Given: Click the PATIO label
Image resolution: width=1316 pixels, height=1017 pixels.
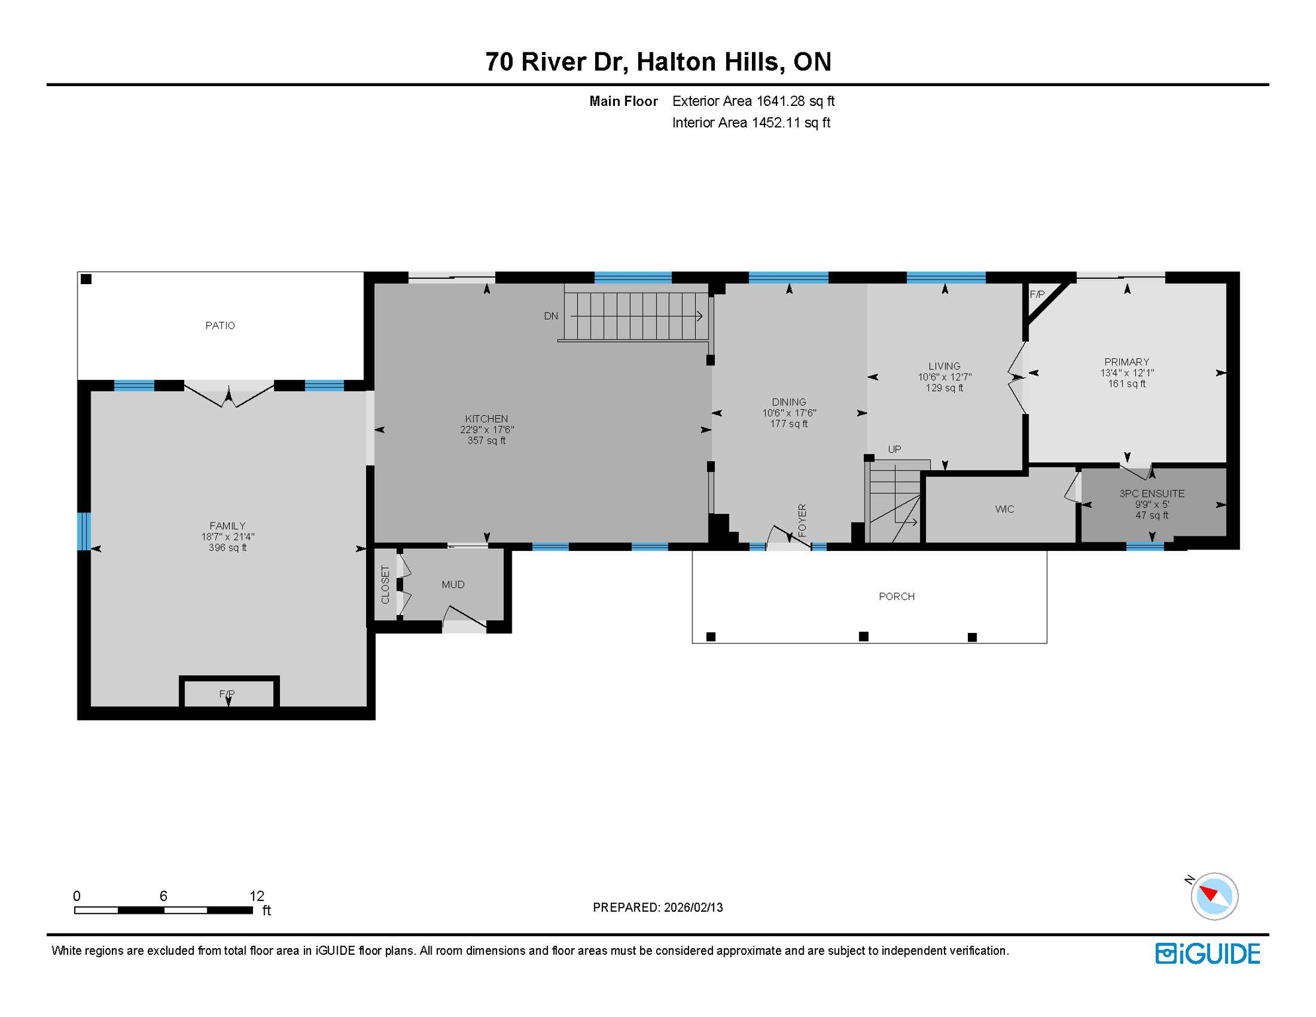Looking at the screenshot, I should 220,325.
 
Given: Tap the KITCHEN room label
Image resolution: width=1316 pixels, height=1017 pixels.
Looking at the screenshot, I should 487,418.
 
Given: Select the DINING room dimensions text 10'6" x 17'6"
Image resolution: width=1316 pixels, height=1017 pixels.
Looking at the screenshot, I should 789,412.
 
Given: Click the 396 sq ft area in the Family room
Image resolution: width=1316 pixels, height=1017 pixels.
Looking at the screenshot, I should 228,548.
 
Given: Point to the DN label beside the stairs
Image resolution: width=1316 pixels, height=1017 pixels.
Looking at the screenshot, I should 551,316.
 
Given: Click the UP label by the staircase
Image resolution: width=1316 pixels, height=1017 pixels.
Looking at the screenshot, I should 894,449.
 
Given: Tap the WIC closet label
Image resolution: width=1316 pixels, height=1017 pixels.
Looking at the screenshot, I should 1004,508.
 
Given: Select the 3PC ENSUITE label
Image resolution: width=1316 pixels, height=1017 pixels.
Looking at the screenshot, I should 1152,493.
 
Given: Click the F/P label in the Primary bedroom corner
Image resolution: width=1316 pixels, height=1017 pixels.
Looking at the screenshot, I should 1037,295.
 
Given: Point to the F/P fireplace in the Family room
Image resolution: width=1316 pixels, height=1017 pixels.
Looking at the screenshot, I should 227,693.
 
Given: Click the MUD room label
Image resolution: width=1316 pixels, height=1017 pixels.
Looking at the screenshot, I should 453,584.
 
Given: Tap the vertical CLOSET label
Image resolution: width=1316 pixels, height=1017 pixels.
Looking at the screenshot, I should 385,584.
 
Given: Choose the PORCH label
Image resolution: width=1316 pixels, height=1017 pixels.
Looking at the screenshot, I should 896,596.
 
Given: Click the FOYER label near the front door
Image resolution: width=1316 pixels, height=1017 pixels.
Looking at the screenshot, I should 802,520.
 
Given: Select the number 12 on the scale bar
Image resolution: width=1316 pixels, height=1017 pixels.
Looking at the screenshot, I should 257,896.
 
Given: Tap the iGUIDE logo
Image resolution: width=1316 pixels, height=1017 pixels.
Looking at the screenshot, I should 1207,953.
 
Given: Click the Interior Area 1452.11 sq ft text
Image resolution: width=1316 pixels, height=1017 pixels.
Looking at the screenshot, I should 751,122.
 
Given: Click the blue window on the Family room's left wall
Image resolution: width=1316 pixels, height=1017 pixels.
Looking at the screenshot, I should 83,531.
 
